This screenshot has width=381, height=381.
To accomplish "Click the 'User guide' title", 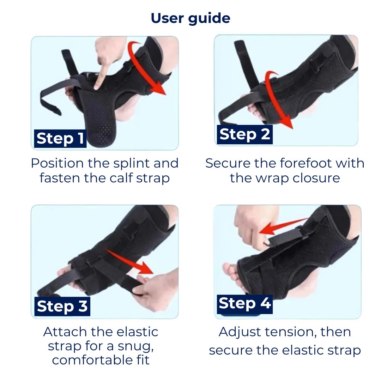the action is click(190, 18).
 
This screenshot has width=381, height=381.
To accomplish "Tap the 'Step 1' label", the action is click(60, 139).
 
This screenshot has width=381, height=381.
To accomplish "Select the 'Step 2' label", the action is click(245, 134).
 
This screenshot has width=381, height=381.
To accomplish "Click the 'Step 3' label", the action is click(62, 306).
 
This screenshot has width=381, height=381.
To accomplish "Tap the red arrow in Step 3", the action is click(130, 261).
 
